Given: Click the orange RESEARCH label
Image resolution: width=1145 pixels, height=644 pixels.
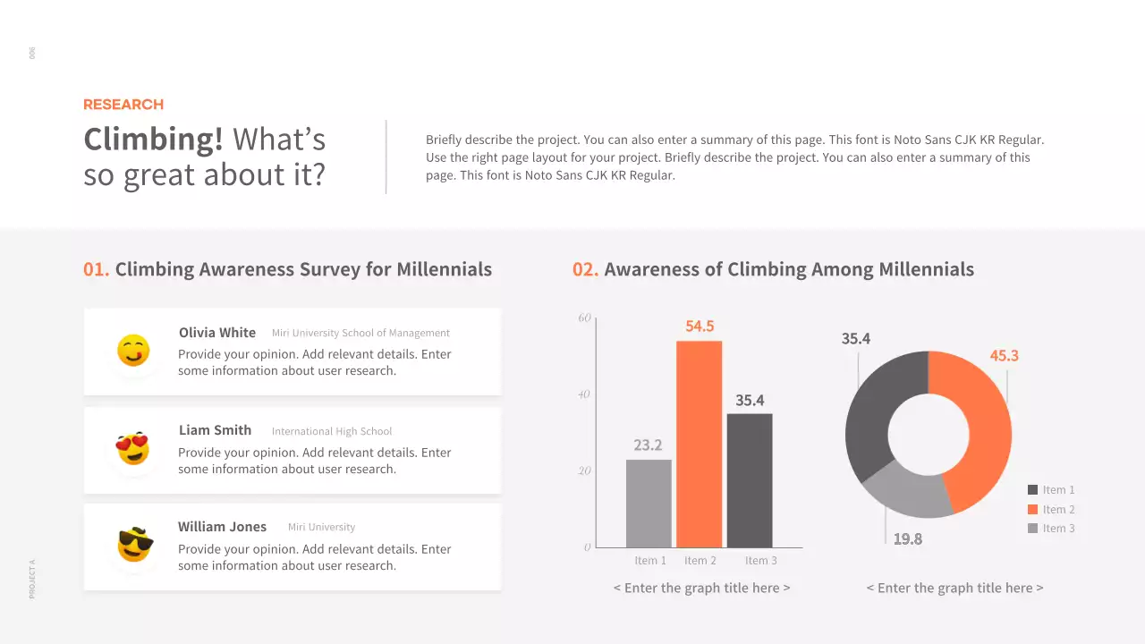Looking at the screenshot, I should point(123,105).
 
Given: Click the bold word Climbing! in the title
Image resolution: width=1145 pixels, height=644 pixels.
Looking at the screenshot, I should point(153,140).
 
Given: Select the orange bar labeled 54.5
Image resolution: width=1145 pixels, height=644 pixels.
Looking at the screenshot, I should point(699,444).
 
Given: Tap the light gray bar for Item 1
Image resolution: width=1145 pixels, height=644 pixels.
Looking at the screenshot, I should point(649,503).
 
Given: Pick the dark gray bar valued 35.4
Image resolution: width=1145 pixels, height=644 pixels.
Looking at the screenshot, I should point(750,480).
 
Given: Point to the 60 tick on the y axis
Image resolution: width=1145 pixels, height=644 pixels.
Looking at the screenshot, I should point(585,318).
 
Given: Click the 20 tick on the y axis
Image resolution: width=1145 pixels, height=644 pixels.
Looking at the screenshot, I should point(585,470).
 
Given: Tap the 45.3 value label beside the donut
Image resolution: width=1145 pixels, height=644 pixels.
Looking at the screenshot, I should point(1004,356).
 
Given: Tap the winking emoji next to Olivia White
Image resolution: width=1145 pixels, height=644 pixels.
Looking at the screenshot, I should point(133,351).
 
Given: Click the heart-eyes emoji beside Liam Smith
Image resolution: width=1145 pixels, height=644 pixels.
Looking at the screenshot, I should point(133,448).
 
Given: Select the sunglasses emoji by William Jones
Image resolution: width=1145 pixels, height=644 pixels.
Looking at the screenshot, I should point(135,545).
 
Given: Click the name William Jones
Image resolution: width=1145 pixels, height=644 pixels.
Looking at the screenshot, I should point(222,527).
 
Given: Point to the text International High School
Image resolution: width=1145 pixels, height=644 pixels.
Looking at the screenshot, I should point(332,431).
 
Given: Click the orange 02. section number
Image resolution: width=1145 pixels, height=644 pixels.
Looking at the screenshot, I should point(585,269).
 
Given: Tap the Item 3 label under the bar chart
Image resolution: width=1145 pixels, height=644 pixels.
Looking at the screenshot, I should point(761,561).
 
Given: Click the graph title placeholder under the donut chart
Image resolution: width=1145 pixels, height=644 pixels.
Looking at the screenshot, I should point(954,588).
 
